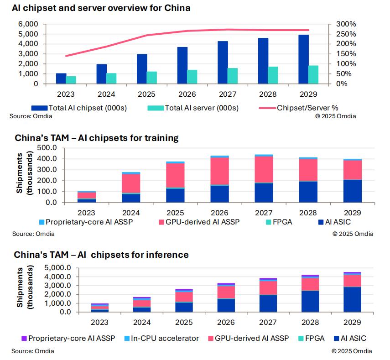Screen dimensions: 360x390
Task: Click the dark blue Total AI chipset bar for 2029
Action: click(x=304, y=59)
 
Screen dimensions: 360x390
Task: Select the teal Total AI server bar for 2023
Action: click(x=71, y=80)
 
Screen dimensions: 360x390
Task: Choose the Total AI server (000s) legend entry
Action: click(x=188, y=108)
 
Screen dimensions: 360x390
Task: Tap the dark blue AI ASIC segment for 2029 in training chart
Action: click(x=353, y=191)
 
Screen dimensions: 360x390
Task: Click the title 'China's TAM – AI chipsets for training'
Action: click(x=96, y=138)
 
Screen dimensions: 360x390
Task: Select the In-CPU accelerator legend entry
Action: click(x=164, y=338)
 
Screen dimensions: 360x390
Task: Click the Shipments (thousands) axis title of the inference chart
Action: click(x=24, y=288)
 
